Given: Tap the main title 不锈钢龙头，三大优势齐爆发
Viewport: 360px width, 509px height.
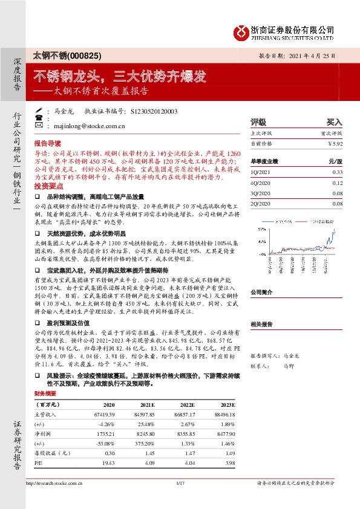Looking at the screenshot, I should [x=119, y=77].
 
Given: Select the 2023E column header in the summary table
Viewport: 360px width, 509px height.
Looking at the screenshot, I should [x=228, y=404].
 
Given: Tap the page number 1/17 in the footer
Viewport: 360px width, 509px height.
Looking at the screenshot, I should [x=180, y=482].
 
